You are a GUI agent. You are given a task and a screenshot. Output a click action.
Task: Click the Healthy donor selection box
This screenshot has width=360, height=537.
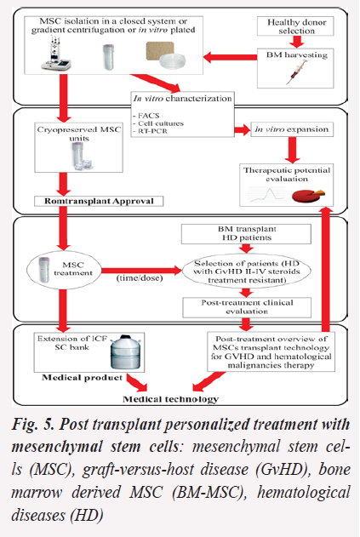point(295,26)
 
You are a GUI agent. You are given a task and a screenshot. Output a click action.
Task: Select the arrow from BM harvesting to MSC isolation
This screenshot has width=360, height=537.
point(230,57)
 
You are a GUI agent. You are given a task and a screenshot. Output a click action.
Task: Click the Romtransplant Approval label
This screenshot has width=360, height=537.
point(99,201)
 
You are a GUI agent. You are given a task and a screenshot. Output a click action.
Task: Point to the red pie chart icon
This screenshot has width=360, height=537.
point(308,196)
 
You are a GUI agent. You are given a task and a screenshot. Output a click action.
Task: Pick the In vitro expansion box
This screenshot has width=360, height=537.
point(292,129)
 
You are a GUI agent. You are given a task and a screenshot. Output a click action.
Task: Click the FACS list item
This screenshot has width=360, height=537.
point(146,116)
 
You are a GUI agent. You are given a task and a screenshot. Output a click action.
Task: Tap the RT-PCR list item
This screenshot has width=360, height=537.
point(150,131)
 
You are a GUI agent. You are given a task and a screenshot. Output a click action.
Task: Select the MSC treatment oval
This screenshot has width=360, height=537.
point(65,271)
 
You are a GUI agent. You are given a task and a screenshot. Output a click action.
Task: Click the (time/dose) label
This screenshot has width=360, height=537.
point(140,277)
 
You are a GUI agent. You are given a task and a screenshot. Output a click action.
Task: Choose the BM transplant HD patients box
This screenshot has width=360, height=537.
point(246,233)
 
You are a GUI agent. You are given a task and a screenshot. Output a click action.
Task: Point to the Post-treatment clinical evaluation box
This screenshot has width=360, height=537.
point(247,307)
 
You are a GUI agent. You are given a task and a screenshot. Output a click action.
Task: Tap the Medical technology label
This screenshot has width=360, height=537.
point(170,399)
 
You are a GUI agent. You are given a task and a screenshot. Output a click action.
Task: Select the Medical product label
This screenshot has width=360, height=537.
point(83,378)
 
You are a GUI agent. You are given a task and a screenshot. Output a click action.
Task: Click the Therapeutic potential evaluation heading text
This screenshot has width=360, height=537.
point(287,174)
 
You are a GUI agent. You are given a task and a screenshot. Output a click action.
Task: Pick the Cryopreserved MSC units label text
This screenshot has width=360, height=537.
point(79,134)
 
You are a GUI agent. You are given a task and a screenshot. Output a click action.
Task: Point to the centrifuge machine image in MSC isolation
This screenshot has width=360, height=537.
point(56,55)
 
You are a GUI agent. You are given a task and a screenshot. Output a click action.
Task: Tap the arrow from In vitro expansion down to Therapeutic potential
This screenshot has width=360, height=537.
point(292,150)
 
